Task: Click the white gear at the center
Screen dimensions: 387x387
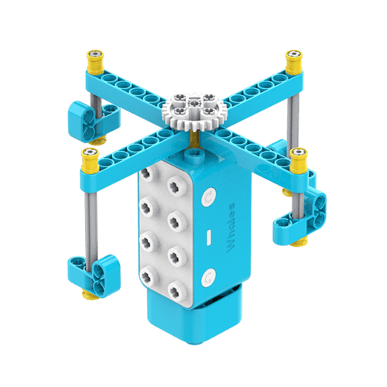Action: pos(190,109)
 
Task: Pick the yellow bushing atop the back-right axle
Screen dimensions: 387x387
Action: pos(293,58)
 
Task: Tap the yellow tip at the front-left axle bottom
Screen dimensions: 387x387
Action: pos(87,293)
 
